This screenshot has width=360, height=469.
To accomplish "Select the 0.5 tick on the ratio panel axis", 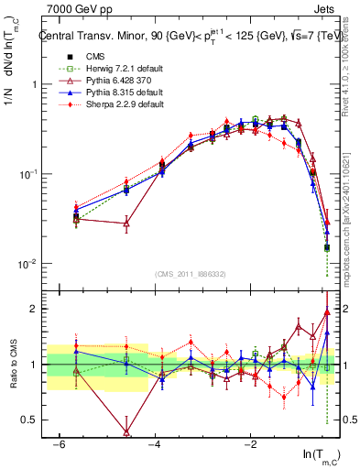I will (30, 420).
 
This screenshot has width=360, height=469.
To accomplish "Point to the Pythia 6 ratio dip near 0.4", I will (126, 431).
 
